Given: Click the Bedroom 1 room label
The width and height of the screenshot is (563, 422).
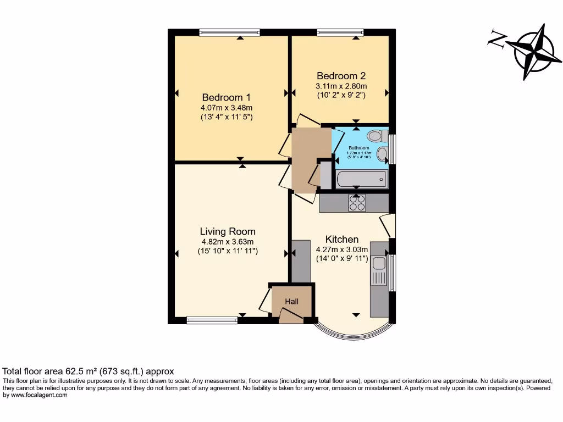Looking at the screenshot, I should point(227,97).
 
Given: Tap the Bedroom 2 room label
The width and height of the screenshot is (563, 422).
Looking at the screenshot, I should point(341,76).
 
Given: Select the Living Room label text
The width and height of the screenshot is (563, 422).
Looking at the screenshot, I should point(228,231).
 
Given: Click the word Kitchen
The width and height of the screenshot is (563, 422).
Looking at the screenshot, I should point(342,239).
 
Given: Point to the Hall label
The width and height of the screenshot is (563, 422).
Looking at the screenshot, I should point(291,301).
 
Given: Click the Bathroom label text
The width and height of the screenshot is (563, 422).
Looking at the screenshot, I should point(359,148).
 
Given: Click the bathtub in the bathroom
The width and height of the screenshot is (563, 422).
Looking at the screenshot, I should point(362,179).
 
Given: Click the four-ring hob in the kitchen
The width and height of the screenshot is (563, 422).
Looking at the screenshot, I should point(357,203).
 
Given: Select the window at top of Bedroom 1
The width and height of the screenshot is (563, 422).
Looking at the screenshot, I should point(230,33).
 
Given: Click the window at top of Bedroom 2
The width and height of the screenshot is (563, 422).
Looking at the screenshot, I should point(340,33).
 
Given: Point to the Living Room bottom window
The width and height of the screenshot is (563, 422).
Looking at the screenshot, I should point(212,320).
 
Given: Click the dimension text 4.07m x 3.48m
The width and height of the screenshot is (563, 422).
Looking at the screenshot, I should point(227,108).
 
